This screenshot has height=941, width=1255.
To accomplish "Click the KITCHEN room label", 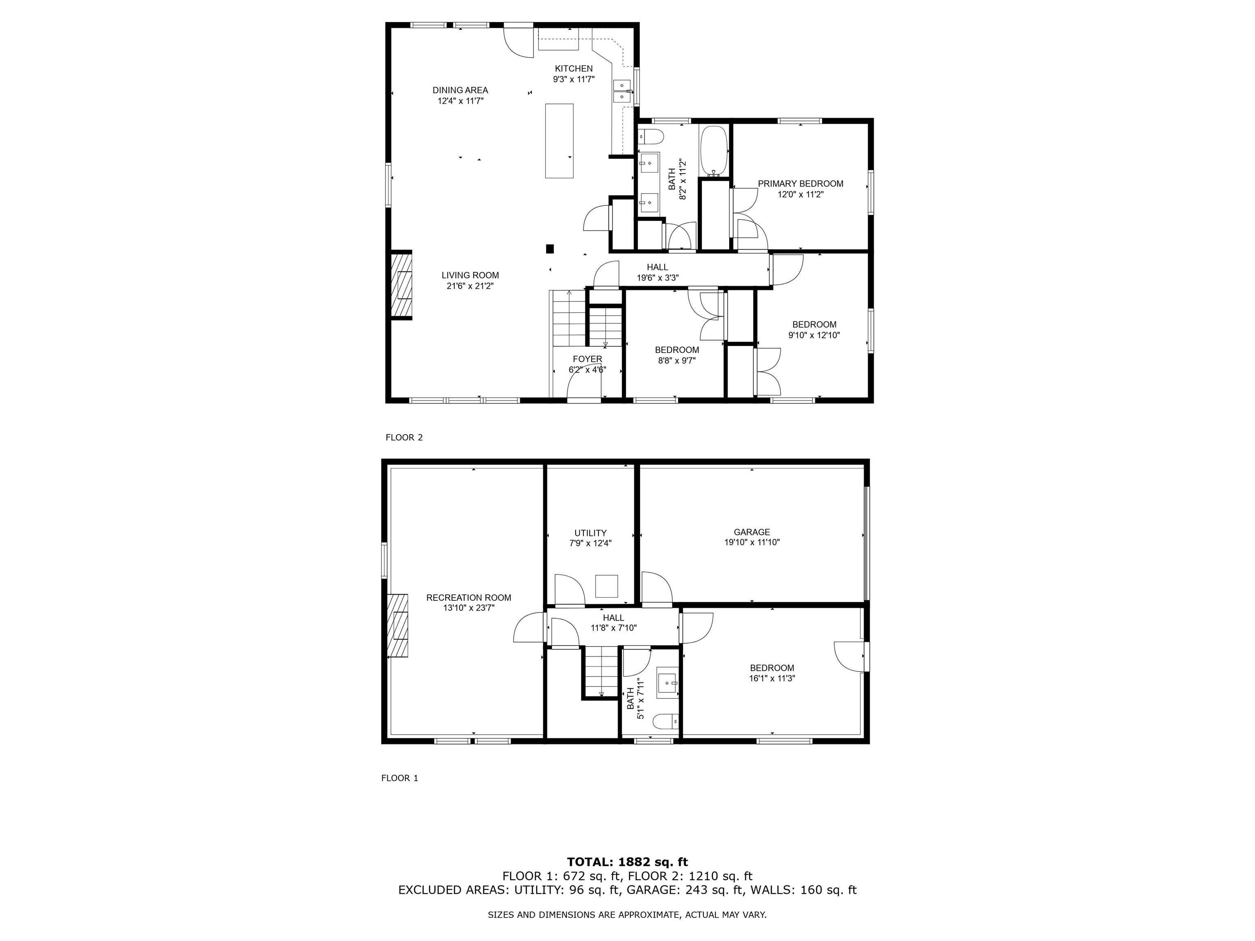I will (x=573, y=69).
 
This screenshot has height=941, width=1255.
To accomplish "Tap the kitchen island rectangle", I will (x=559, y=140).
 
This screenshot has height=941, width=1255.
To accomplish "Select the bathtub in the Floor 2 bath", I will (x=714, y=150).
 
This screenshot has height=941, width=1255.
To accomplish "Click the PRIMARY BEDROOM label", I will (x=800, y=184).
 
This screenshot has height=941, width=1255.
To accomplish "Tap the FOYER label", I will (x=587, y=359).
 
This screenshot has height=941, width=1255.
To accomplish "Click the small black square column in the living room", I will (x=549, y=248).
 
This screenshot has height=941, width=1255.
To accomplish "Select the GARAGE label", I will (x=751, y=532).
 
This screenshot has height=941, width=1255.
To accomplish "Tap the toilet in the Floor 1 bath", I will (x=664, y=722).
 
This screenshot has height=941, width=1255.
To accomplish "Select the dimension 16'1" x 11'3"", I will (x=772, y=678).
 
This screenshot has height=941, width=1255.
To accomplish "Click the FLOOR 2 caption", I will (x=404, y=437).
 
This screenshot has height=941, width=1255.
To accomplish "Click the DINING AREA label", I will (x=460, y=90).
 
